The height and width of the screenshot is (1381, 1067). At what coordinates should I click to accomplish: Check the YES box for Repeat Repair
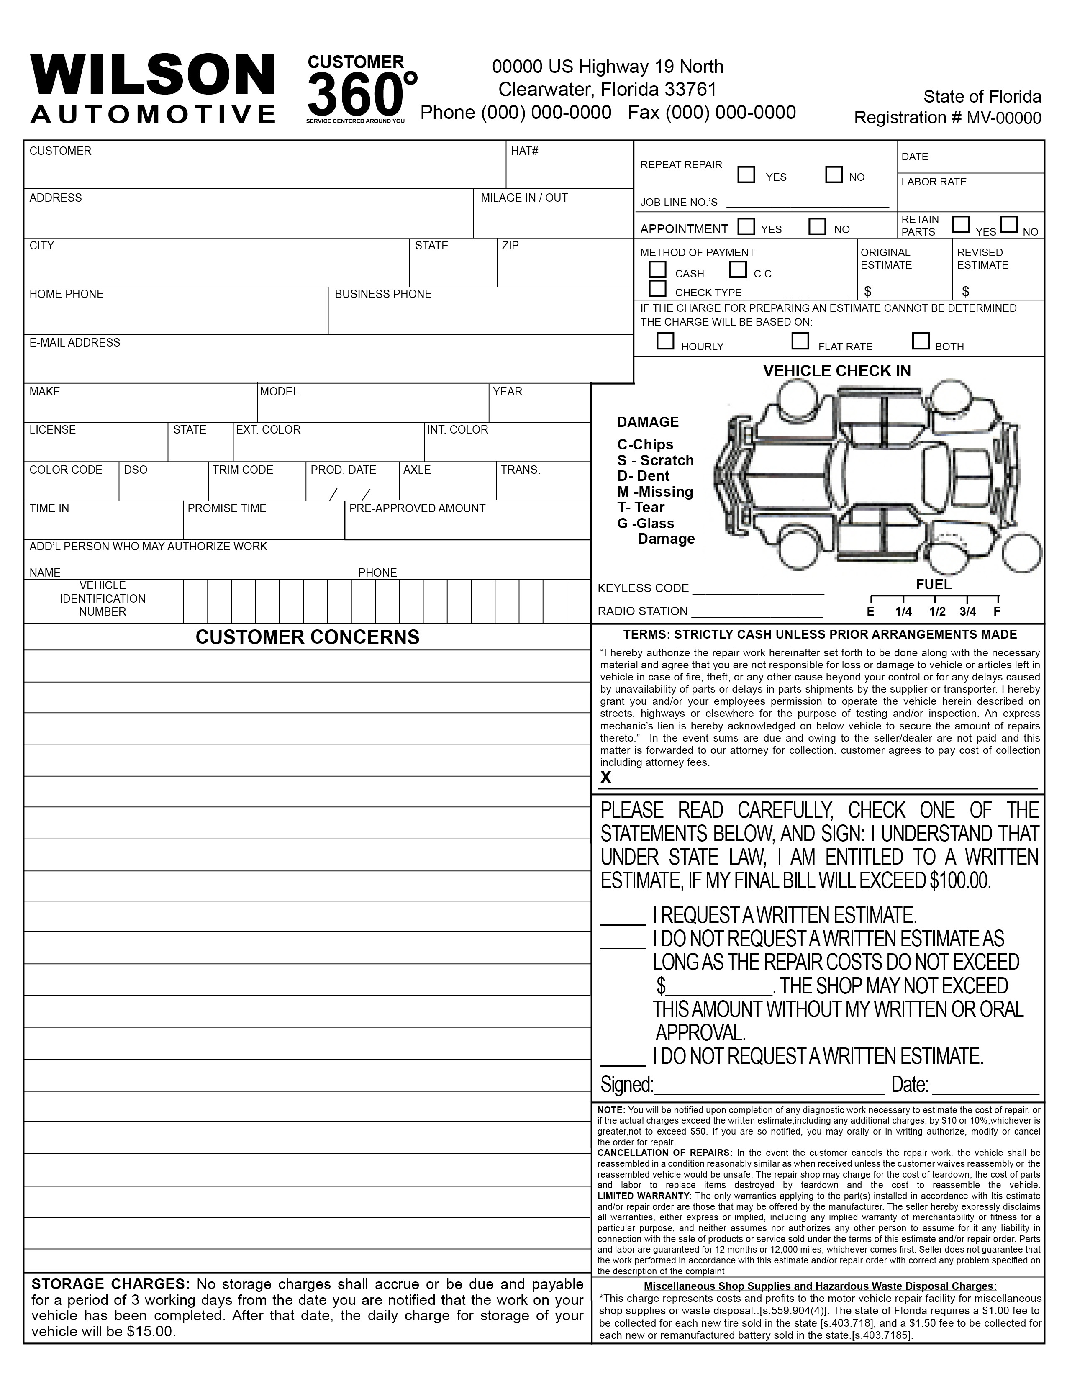(x=746, y=175)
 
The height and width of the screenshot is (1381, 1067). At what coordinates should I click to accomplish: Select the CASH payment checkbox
(x=658, y=270)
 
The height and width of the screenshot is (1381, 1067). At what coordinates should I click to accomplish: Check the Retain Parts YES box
(x=961, y=224)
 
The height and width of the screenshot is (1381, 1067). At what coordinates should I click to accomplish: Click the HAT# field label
(x=525, y=151)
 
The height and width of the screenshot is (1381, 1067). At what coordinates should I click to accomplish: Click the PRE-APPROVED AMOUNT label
(x=417, y=508)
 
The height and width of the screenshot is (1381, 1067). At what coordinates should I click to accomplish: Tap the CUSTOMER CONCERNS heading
(x=307, y=637)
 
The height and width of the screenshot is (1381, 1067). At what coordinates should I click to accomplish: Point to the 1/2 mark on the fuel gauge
(x=937, y=611)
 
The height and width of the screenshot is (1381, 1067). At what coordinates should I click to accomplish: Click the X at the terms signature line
(x=605, y=778)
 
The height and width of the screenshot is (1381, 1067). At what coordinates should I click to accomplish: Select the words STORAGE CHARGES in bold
(x=110, y=1284)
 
